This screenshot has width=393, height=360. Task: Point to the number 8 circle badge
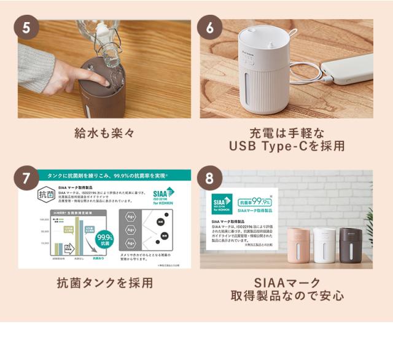point(209,179)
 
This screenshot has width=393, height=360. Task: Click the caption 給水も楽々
point(104,133)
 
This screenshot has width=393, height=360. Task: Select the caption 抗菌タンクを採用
point(104,283)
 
